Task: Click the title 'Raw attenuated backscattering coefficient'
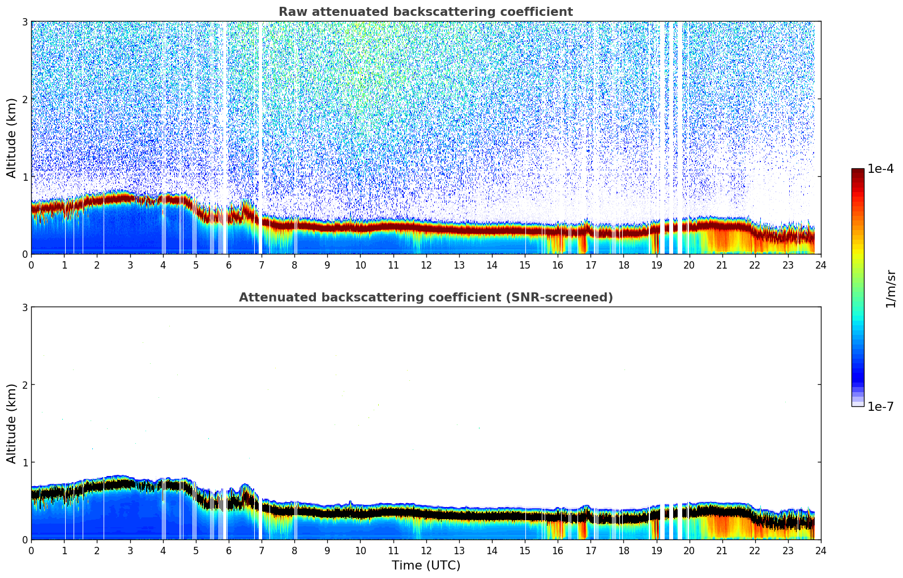tap(426, 12)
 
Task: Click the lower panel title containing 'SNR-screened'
tap(426, 297)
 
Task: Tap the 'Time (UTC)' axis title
tap(426, 566)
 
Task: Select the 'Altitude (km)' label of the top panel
tap(11, 138)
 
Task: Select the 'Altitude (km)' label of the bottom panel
tap(11, 423)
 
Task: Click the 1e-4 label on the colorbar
tap(880, 169)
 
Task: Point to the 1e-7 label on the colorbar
tap(880, 407)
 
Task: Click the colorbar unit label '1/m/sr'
tap(891, 288)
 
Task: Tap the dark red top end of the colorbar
tap(858, 171)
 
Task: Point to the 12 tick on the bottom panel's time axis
tap(426, 550)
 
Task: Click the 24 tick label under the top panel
tap(820, 265)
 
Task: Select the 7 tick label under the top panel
tap(262, 265)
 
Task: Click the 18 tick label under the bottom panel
tap(623, 550)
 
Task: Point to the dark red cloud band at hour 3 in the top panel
tap(130, 198)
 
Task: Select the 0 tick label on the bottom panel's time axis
tap(31, 550)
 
